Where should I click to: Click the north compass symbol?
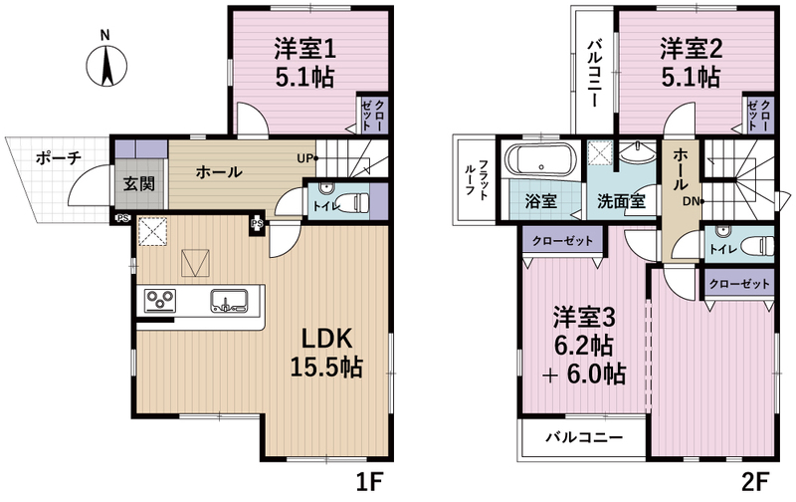coord(106,66)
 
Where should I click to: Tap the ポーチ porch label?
coord(59,158)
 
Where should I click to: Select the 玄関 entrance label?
coord(139,184)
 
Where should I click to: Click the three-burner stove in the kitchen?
coord(160,300)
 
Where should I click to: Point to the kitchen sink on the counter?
coord(230,300)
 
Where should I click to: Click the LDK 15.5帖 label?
coord(326,353)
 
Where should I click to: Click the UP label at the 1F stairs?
coord(304,158)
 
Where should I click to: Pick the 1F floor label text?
coord(368,482)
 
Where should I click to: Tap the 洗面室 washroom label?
coord(621,202)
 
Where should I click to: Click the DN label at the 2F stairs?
coord(691,202)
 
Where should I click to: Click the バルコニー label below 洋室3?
coord(584,437)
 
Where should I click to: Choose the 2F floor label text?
coord(755,482)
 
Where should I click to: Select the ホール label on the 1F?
coord(219,172)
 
